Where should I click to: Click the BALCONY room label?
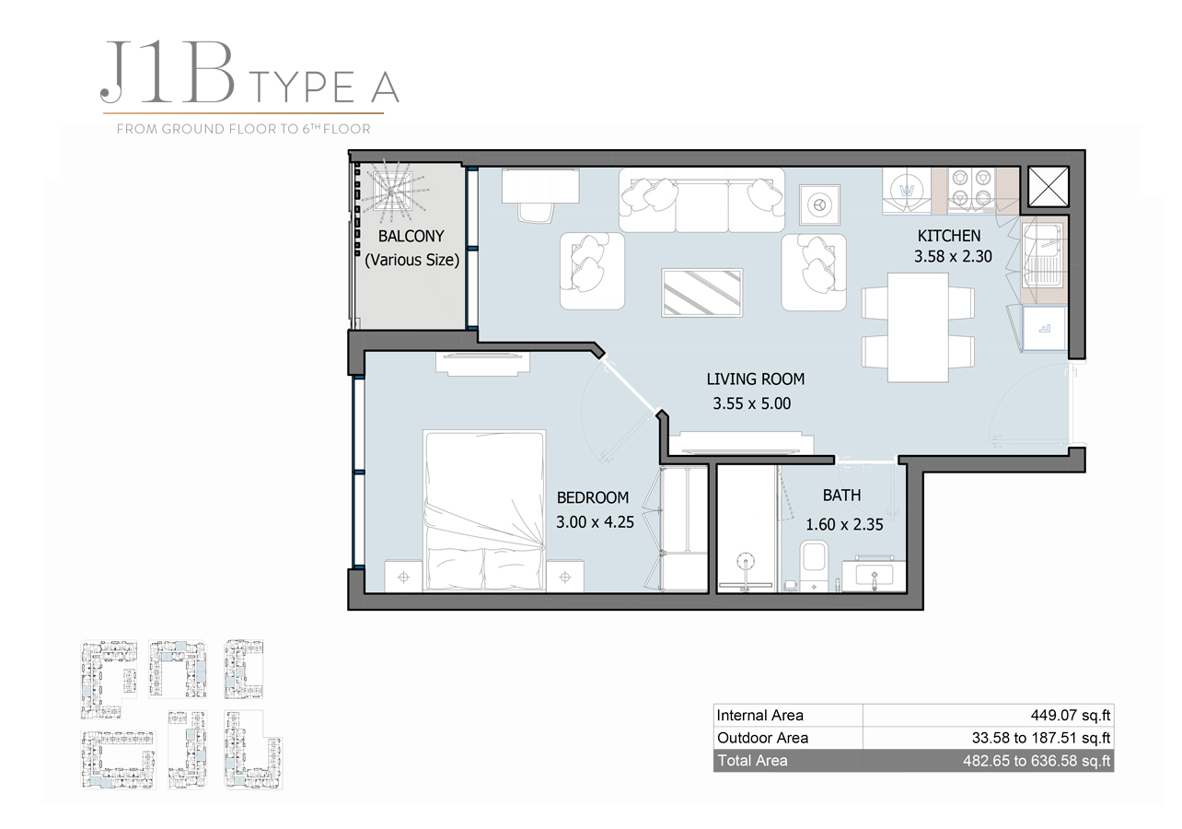click(411, 236)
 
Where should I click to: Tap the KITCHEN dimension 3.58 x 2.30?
click(952, 257)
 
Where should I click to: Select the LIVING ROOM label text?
click(755, 379)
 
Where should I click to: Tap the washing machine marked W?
click(907, 191)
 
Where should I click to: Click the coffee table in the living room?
click(701, 292)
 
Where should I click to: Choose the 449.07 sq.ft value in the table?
click(1070, 716)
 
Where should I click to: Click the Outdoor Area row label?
click(762, 738)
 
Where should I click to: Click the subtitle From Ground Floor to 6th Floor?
click(243, 129)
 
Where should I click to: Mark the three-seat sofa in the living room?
click(701, 200)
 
